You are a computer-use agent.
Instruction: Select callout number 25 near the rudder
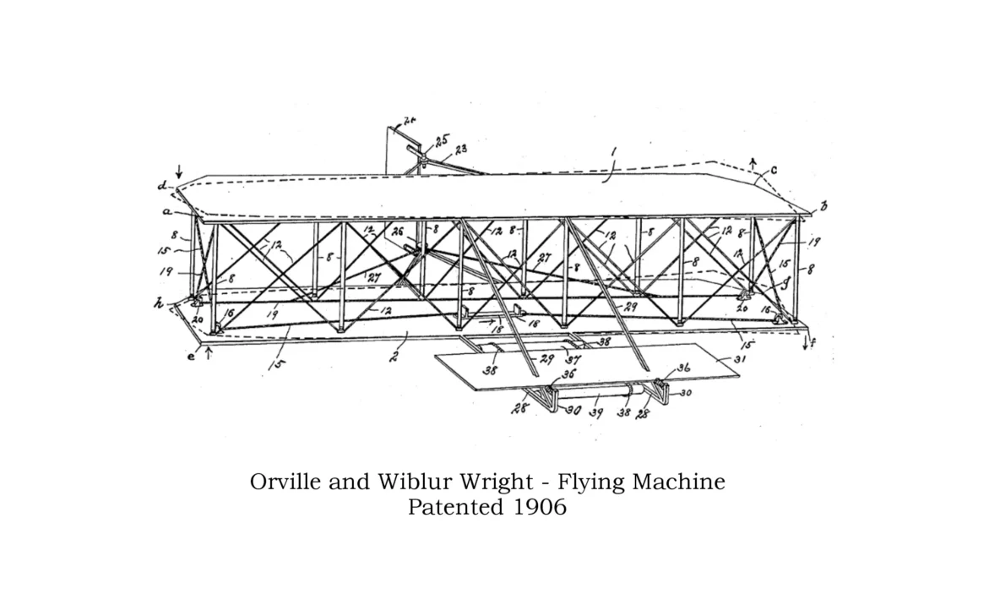tap(442, 140)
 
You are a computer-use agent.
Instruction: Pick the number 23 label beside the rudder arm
tap(461, 149)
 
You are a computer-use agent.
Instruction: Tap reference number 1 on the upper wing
tap(614, 151)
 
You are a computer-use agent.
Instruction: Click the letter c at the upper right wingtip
tap(774, 170)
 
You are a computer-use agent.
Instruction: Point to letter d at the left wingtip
tap(161, 184)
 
